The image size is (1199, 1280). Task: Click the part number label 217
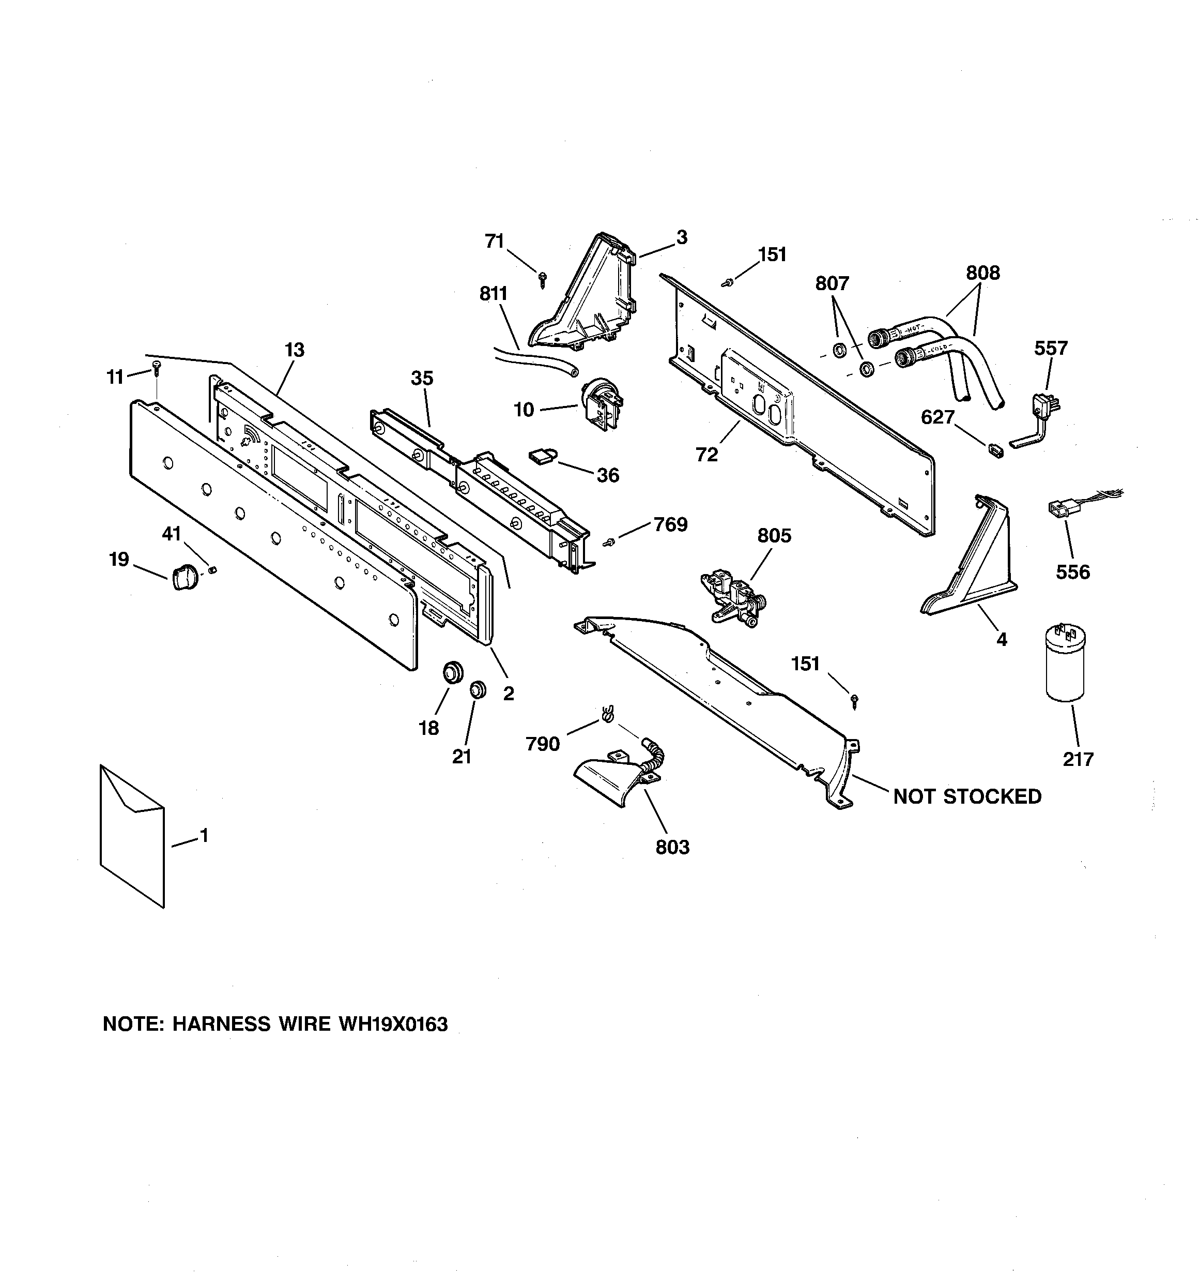pyautogui.click(x=1078, y=759)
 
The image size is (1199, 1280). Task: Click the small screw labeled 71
pyautogui.click(x=543, y=278)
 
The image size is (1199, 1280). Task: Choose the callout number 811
pyautogui.click(x=494, y=294)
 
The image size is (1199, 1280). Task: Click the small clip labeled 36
pyautogui.click(x=543, y=457)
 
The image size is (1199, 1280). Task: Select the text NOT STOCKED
pyautogui.click(x=966, y=796)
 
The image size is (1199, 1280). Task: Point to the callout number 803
pyautogui.click(x=672, y=847)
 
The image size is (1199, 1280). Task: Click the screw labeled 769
pyautogui.click(x=607, y=544)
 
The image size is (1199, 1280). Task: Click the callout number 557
pyautogui.click(x=1050, y=349)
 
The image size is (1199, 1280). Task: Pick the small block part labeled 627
pyautogui.click(x=994, y=449)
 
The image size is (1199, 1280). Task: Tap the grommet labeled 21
pyautogui.click(x=477, y=689)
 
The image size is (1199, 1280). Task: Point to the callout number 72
pyautogui.click(x=706, y=455)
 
